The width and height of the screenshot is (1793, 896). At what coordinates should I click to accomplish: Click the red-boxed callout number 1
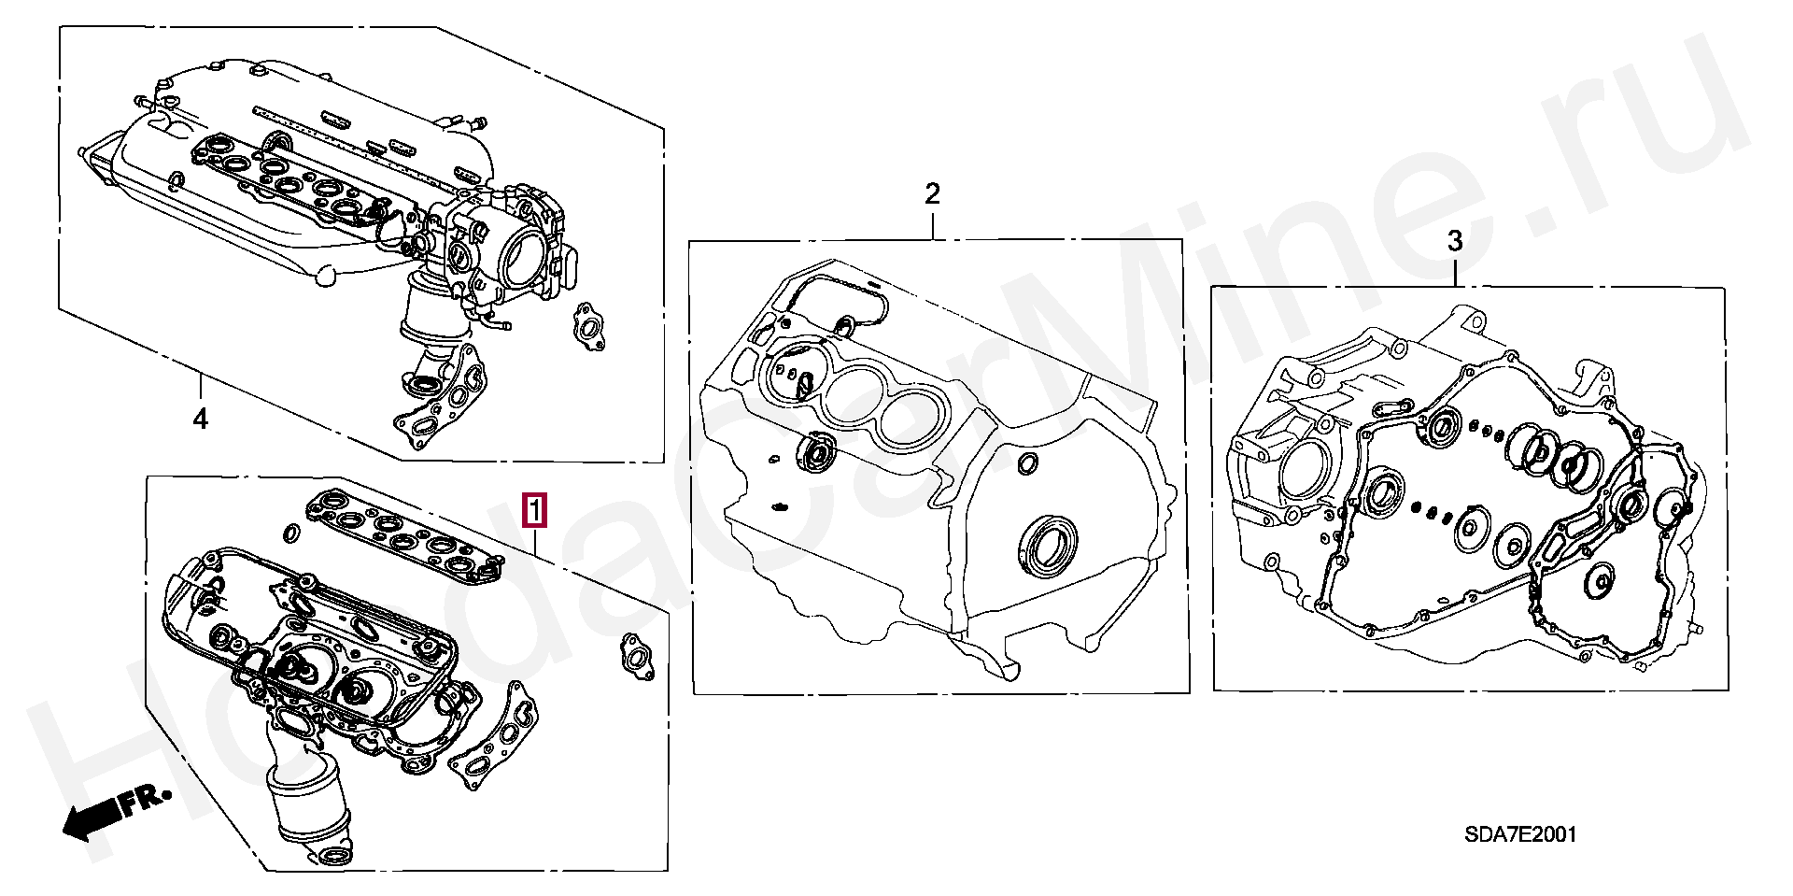pyautogui.click(x=534, y=511)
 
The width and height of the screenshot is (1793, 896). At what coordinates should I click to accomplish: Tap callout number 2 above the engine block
pyautogui.click(x=932, y=194)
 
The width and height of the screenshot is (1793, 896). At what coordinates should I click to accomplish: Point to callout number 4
pyautogui.click(x=200, y=420)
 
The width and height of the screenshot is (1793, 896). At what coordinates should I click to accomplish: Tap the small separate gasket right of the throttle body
pyautogui.click(x=588, y=327)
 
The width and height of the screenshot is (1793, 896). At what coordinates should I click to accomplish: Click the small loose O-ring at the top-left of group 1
pyautogui.click(x=290, y=533)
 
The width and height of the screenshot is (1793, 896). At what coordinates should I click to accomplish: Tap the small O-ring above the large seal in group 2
pyautogui.click(x=1027, y=463)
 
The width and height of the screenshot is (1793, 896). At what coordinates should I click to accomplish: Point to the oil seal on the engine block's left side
pyautogui.click(x=818, y=454)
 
